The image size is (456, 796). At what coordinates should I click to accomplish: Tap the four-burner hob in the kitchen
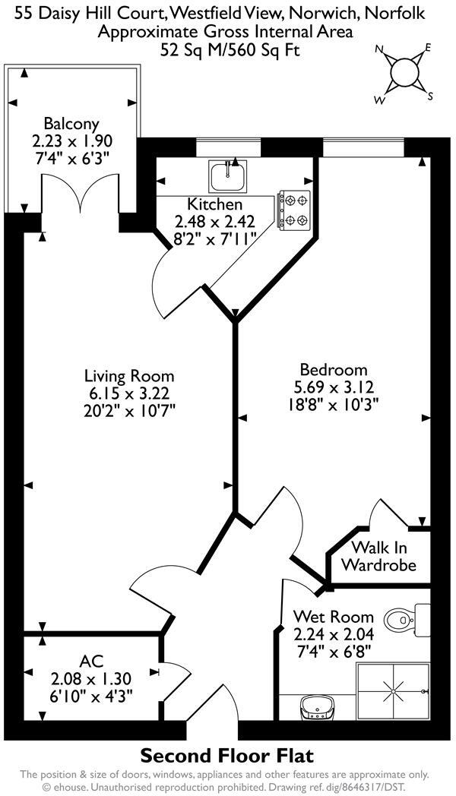point(295,210)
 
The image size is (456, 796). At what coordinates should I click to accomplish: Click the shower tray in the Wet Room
point(393,690)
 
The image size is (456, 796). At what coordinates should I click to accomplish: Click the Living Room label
point(129,376)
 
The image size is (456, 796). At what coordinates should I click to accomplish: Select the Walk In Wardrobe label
point(378,557)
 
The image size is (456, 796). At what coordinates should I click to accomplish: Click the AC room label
point(91,661)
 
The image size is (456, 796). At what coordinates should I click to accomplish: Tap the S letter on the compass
point(430,96)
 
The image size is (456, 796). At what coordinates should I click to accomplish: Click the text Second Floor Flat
point(227,757)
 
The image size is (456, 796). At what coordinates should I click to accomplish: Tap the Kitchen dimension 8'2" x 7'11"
point(215,238)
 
